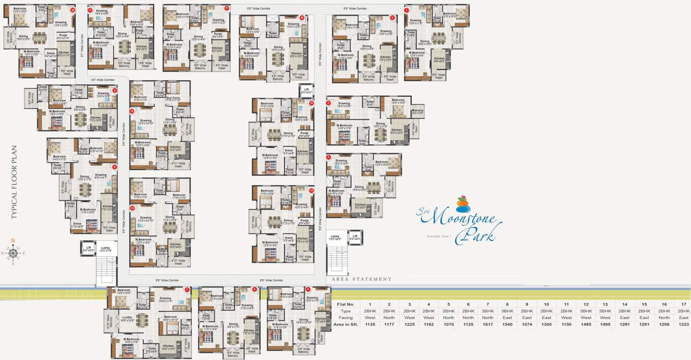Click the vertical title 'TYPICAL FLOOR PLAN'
(x=14, y=182)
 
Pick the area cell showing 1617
(x=487, y=324)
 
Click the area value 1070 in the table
(x=448, y=324)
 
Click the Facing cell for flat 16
(x=664, y=318)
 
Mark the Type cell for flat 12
(x=585, y=311)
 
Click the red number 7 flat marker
(x=187, y=290)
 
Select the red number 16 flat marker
(x=302, y=18)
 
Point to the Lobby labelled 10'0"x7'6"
(x=106, y=249)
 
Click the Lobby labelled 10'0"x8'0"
(x=336, y=237)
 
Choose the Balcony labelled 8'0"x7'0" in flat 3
(x=417, y=111)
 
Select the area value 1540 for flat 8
(x=507, y=324)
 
